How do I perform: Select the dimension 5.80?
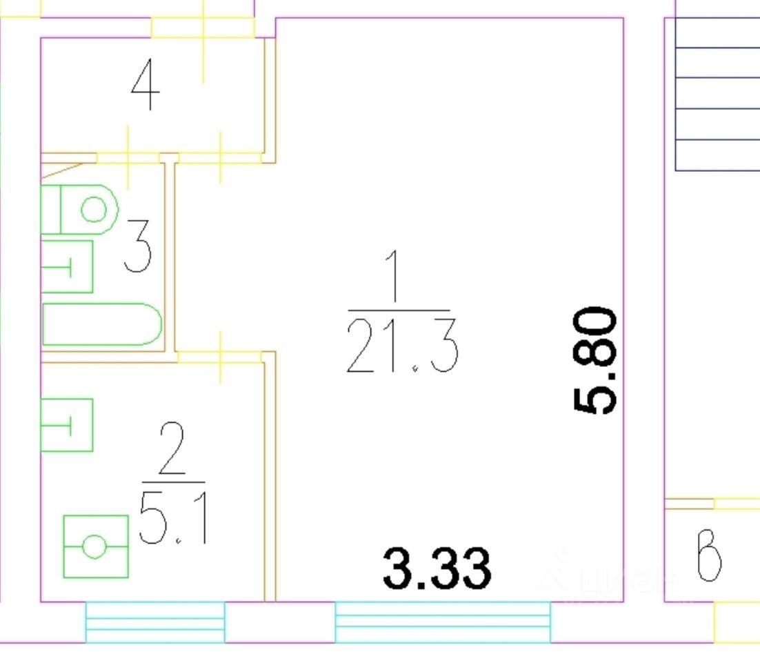tap(594, 360)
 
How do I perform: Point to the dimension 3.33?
tap(437, 568)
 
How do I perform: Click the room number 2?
tap(172, 448)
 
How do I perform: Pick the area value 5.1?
tap(172, 518)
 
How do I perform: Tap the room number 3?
tap(138, 244)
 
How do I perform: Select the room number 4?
tap(146, 86)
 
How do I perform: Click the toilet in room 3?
tap(79, 208)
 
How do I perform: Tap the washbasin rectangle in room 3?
tap(67, 266)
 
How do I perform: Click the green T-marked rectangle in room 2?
tap(67, 425)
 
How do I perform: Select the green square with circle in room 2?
tap(95, 546)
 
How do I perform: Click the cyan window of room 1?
tap(443, 622)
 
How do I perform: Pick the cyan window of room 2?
tap(155, 622)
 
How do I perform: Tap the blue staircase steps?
tap(717, 93)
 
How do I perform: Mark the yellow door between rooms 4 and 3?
tap(128, 158)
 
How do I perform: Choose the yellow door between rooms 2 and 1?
tap(220, 357)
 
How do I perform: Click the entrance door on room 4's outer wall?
tap(203, 28)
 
